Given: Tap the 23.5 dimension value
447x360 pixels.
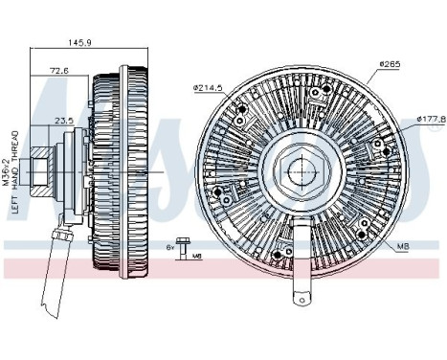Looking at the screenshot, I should tap(64, 122).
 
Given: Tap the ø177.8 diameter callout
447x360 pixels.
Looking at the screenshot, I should tap(432, 120).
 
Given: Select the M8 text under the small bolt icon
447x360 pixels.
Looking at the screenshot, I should tap(196, 257).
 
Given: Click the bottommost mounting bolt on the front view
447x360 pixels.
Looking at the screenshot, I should tap(278, 255).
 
